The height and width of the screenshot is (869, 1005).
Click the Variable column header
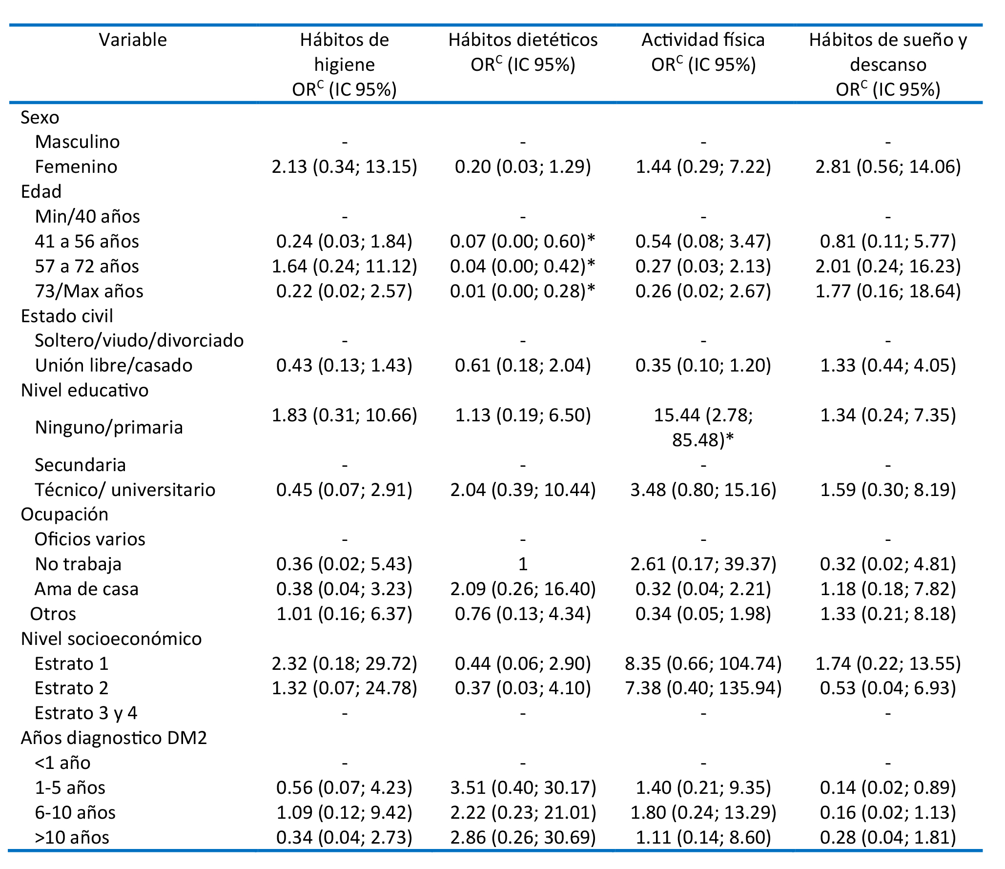133,40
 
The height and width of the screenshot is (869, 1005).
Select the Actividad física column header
703,52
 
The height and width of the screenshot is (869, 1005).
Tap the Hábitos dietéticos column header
523,52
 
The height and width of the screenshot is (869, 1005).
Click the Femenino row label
76,167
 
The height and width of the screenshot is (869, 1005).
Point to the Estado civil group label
67,316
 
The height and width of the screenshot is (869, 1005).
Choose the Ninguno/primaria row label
109,427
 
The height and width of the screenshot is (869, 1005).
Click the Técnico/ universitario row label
125,490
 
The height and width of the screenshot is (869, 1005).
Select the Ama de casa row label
86,589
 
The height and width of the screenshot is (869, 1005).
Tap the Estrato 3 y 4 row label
86,713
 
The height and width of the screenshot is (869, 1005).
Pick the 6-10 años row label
75,812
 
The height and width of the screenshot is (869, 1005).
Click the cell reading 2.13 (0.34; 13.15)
345,167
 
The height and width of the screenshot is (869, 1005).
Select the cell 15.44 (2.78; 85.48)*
703,428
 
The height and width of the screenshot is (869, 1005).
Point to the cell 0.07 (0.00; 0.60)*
523,241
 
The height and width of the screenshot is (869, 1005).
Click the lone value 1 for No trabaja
523,564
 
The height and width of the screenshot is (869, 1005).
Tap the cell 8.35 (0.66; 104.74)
703,663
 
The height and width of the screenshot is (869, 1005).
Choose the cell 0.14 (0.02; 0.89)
888,787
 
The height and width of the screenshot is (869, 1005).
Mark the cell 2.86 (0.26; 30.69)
523,837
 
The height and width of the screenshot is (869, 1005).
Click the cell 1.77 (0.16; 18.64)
888,291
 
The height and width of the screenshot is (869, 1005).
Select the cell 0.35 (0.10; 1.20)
703,365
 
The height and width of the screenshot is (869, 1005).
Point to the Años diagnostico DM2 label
114,738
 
